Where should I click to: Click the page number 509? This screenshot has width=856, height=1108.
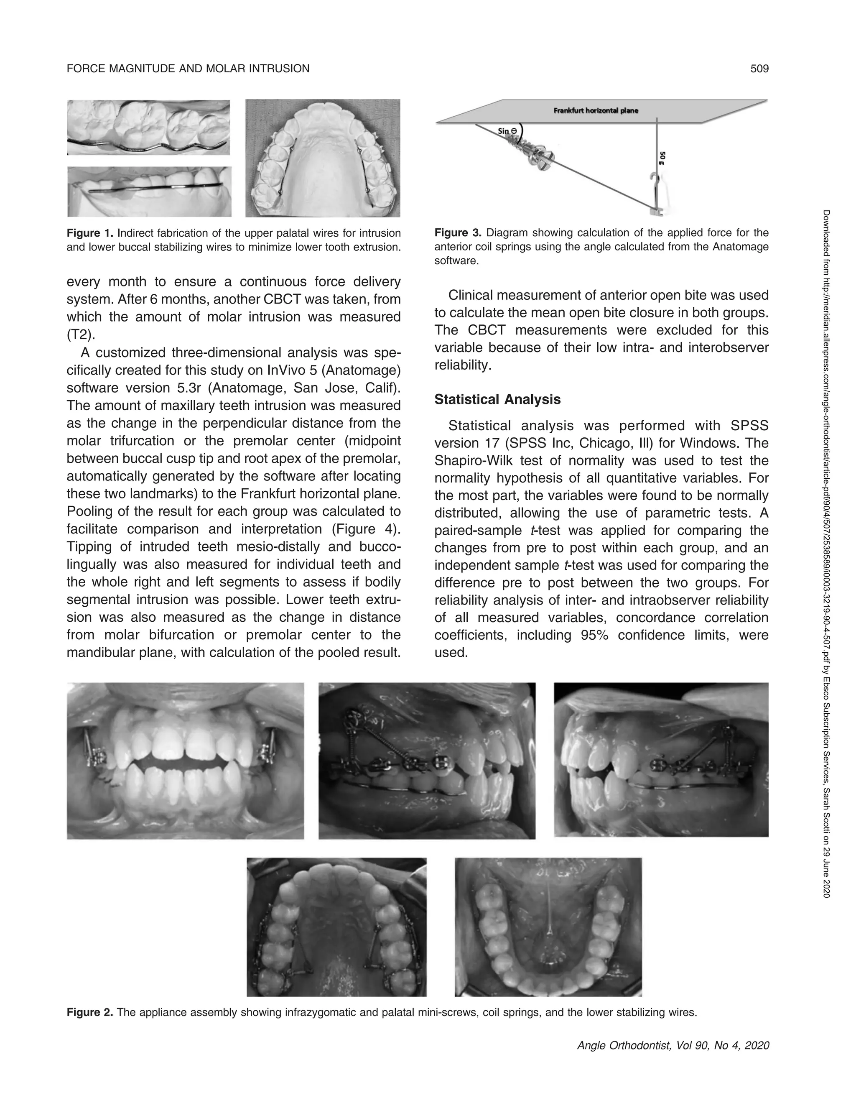point(759,69)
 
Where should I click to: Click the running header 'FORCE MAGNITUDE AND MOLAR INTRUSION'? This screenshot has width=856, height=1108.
point(188,69)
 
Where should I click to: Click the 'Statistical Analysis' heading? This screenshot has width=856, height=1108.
point(497,399)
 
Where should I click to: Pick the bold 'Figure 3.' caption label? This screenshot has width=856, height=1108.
point(458,233)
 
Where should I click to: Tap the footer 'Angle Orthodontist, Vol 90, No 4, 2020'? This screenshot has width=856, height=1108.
point(673,1045)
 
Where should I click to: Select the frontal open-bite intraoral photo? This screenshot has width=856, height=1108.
point(185,761)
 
